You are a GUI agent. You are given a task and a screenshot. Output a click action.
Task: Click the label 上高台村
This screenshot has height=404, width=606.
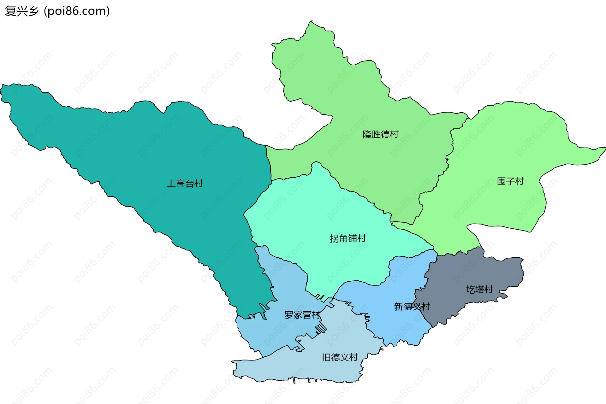(x=185, y=184)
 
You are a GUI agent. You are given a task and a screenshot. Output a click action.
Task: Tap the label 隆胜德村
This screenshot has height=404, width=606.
(x=380, y=134)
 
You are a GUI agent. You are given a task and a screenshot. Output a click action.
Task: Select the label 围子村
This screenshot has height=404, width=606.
(x=510, y=181)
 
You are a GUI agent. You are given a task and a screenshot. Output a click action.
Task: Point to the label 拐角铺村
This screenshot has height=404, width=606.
(x=348, y=238)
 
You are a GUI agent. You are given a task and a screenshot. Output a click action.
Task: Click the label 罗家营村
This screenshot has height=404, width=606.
(x=302, y=315)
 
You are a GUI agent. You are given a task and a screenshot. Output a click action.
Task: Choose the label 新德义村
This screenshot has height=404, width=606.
(x=412, y=307)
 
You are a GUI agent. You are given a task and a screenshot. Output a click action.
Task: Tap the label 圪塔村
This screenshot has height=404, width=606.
(x=479, y=290)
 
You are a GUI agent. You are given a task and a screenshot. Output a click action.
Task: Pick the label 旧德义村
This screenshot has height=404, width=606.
(x=340, y=357)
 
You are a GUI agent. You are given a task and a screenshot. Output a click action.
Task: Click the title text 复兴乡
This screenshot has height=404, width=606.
(x=21, y=11)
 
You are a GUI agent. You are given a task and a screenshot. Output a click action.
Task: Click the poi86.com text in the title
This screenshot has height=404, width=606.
(x=77, y=11)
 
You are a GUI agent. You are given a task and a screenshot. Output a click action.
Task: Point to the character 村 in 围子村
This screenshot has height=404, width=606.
(x=519, y=181)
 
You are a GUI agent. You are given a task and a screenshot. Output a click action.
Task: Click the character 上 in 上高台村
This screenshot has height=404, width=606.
(x=171, y=184)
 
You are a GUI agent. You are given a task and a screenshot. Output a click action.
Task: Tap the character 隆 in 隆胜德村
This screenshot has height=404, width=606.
(x=367, y=134)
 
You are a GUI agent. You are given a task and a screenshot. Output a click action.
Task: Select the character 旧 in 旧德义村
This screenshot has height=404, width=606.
(x=326, y=357)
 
